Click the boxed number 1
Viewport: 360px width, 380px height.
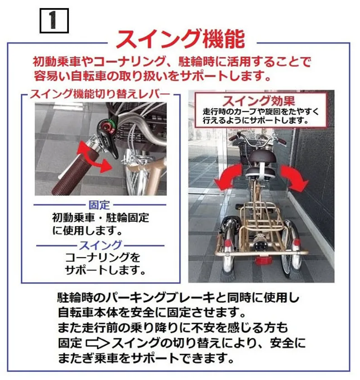tap(54, 21)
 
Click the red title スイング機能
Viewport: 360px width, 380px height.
tap(181, 39)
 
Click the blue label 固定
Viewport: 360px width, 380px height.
tap(100, 205)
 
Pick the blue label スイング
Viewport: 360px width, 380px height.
tap(101, 246)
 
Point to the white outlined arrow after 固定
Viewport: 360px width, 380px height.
tap(98, 343)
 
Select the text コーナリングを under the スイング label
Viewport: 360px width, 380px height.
tap(103, 257)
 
